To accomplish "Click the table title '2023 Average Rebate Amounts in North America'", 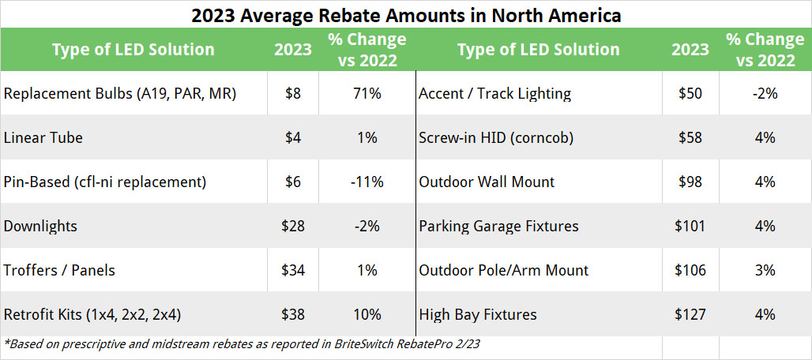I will coord(406,14).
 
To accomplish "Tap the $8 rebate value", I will coord(293,94).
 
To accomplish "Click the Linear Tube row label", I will coord(43,138).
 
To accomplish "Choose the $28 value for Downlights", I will coord(293,227).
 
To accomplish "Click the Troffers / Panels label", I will coord(59,271).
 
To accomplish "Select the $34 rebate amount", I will coord(293,271).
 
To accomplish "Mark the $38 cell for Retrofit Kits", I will coord(293,315).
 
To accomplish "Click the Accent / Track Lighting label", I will coord(494,94).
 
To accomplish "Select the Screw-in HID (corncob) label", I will coord(496,138).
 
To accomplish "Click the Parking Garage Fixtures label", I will coord(498,227).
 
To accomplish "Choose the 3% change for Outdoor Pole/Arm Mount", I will coord(765,271).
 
